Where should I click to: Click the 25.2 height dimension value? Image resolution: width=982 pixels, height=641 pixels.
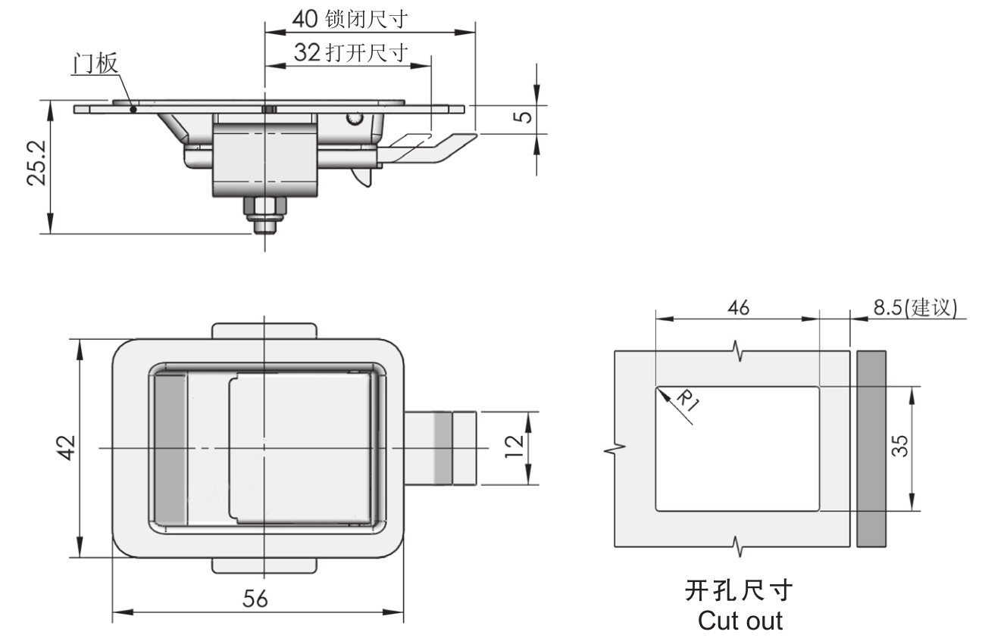pyautogui.click(x=38, y=163)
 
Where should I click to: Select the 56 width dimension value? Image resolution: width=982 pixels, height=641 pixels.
pyautogui.click(x=255, y=599)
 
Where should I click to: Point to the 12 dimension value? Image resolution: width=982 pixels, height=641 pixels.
pyautogui.click(x=515, y=448)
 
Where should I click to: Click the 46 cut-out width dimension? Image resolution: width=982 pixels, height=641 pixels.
pyautogui.click(x=737, y=308)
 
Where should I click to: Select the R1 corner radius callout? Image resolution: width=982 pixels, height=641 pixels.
pyautogui.click(x=686, y=399)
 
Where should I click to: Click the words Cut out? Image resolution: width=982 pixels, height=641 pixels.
pyautogui.click(x=740, y=621)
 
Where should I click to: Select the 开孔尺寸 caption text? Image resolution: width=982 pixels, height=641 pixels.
pyautogui.click(x=739, y=590)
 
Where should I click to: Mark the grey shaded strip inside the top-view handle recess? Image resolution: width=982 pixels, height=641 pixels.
pyautogui.click(x=170, y=448)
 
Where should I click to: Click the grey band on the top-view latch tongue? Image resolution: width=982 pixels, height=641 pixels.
pyautogui.click(x=443, y=448)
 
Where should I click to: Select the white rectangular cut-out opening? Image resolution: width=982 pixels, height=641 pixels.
pyautogui.click(x=737, y=448)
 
